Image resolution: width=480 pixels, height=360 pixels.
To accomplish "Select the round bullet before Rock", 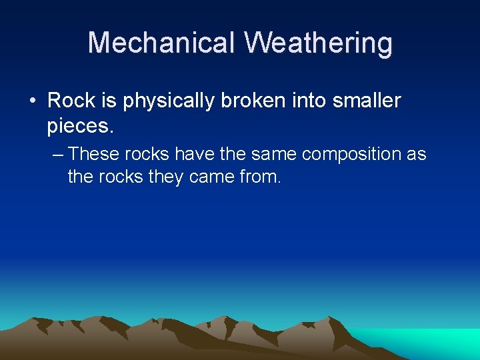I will coord(32,101).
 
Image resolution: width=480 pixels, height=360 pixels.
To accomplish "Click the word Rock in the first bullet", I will coord(71,101).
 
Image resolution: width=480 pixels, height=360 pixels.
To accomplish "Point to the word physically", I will coord(168,101).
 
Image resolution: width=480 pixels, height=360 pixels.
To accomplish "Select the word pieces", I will coord(78,125).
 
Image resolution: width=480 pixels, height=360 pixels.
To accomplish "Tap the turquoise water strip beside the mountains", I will coord(427,342).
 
